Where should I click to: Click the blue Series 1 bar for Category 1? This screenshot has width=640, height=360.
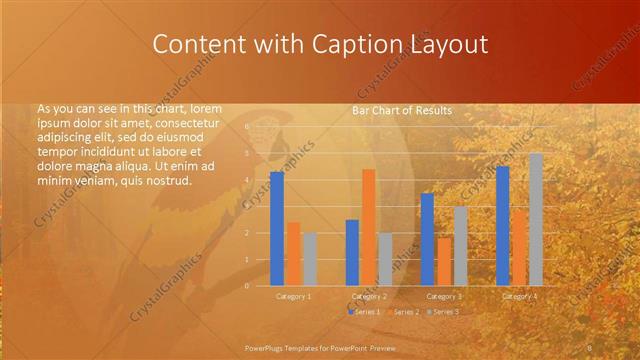(277, 228)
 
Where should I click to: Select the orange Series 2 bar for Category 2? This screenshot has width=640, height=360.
(368, 227)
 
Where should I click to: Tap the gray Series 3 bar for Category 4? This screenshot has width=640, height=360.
(536, 219)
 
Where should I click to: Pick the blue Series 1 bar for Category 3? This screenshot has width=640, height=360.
(428, 239)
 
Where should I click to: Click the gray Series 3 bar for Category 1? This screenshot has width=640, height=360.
(309, 259)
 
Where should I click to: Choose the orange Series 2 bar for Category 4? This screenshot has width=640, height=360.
(519, 247)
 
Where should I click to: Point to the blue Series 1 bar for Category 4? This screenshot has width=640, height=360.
(502, 225)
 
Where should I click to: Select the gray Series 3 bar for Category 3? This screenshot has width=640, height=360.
(460, 246)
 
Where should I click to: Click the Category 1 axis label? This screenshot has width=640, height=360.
(293, 296)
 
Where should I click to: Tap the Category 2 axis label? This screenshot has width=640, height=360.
(369, 296)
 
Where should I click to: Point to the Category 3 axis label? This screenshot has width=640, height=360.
(444, 296)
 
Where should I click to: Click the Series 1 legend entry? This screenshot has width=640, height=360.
(366, 312)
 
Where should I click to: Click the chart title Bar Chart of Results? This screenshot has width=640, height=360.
(402, 110)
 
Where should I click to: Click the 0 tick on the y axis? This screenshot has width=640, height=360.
(247, 286)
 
